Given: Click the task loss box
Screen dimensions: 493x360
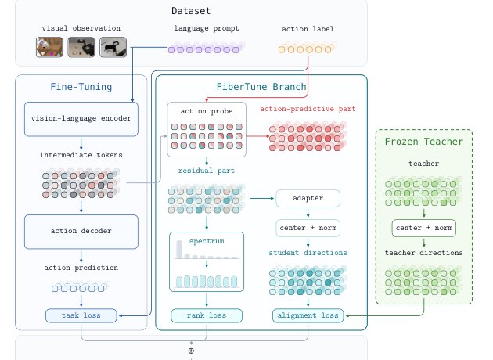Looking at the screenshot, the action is tap(81, 315).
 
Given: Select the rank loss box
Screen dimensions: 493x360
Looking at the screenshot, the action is tap(207, 315).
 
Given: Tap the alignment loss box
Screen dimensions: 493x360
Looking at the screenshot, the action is tap(308, 315).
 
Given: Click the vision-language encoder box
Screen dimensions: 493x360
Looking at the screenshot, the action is tap(81, 119).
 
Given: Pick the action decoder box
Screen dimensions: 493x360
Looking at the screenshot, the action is tap(81, 232).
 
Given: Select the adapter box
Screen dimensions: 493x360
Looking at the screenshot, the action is tap(308, 198).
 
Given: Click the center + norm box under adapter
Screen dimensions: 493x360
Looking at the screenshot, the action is tap(308, 228).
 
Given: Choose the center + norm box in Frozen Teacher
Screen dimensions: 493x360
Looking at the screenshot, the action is tap(424, 228).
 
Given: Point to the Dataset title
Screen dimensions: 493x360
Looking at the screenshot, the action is tap(191, 11).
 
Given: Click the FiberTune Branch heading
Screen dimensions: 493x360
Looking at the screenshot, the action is tap(261, 87).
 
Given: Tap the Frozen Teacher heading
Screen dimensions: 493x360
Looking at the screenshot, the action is tap(424, 142).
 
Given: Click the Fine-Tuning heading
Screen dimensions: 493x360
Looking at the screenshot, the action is tap(81, 87).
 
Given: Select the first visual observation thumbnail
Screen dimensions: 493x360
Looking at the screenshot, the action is tap(49, 47).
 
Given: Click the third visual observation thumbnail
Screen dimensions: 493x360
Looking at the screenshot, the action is tap(113, 47).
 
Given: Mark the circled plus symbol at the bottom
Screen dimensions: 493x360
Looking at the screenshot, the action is tap(191, 351).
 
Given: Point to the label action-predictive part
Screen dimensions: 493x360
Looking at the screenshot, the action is tap(308, 109).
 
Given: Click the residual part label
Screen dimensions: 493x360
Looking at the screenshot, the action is tap(207, 171).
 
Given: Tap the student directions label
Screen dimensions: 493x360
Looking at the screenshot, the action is tap(308, 253).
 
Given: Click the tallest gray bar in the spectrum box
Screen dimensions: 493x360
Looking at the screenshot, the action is tap(179, 250).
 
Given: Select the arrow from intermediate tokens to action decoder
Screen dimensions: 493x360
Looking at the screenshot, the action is tap(81, 207).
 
